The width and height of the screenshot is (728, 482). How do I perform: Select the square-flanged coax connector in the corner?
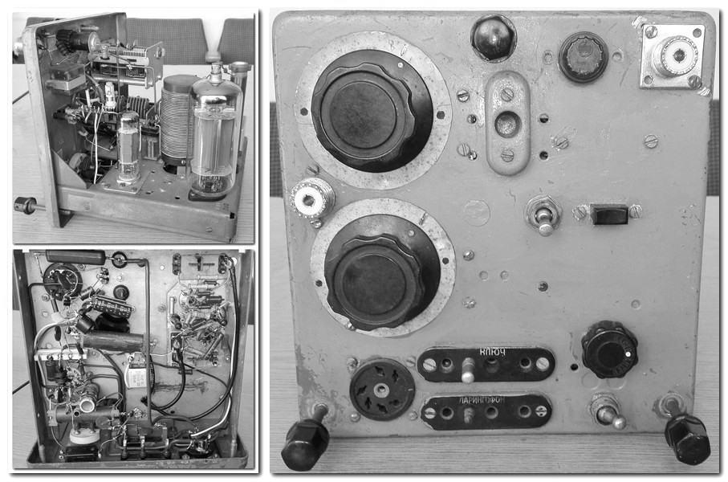pos(673,55)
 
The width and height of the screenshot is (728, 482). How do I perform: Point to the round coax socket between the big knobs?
pos(313,198)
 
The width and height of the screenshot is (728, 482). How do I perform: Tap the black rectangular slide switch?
pos(608,214)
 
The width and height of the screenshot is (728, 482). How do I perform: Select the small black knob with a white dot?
pos(609,350)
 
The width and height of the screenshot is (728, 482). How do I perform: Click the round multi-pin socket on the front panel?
pos(381,390)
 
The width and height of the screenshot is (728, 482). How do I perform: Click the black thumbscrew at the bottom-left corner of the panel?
pos(307,437)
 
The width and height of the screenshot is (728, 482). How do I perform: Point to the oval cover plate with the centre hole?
pos(507,123)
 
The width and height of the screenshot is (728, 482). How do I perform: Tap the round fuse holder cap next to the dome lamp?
pos(584,57)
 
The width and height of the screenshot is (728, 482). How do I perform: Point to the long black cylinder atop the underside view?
pos(75,257)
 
